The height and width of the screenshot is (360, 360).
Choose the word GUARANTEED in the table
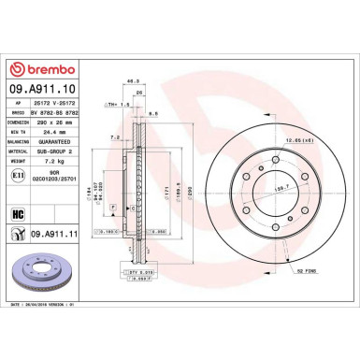pyautogui.click(x=50, y=143)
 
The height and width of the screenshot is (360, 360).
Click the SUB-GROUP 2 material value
pyautogui.click(x=51, y=152)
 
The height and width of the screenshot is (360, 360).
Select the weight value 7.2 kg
pyautogui.click(x=44, y=162)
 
